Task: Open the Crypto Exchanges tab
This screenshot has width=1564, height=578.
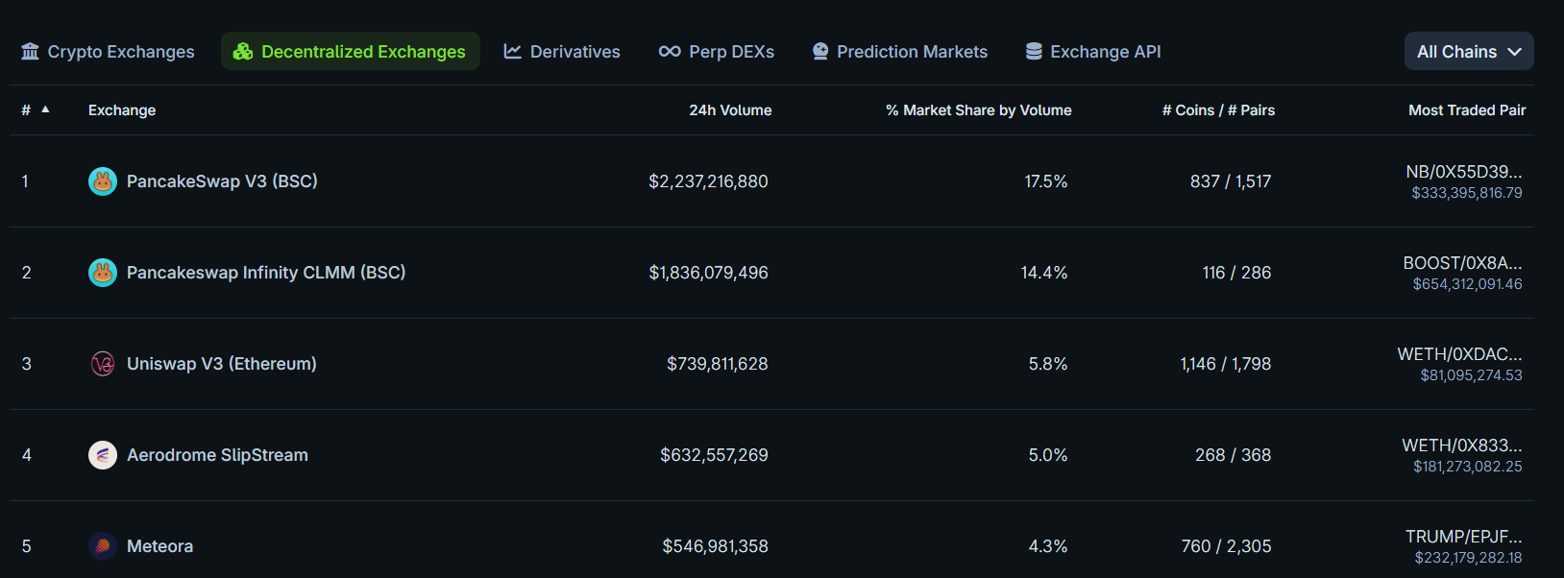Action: [x=108, y=52]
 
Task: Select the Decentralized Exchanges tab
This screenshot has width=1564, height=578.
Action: [x=351, y=52]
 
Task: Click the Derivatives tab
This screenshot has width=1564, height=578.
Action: [x=562, y=52]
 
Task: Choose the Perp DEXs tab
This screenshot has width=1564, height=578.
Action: [x=717, y=52]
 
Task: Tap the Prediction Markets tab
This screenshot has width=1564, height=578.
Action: [x=900, y=52]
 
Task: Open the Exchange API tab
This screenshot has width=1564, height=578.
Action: [x=1093, y=52]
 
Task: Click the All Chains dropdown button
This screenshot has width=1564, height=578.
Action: [x=1468, y=52]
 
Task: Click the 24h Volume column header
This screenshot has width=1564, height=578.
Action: [x=730, y=110]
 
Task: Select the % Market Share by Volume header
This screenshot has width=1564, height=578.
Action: [x=978, y=110]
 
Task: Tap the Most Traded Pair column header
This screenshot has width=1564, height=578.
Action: [x=1466, y=110]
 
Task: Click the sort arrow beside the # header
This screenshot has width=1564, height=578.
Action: [x=45, y=109]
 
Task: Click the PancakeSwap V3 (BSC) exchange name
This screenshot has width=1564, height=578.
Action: [x=222, y=181]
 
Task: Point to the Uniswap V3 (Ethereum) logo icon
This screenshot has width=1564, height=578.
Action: [x=103, y=364]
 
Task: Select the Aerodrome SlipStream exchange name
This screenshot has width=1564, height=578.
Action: [x=217, y=455]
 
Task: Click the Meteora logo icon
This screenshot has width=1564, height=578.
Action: [x=103, y=546]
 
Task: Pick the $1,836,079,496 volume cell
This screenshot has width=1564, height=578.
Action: [x=708, y=273]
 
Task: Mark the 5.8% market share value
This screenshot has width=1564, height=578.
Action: [x=1047, y=364]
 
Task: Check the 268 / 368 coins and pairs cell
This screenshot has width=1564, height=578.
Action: [x=1233, y=455]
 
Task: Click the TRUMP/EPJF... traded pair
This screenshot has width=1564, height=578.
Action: [x=1463, y=537]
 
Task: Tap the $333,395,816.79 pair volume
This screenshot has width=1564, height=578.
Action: [x=1466, y=193]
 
